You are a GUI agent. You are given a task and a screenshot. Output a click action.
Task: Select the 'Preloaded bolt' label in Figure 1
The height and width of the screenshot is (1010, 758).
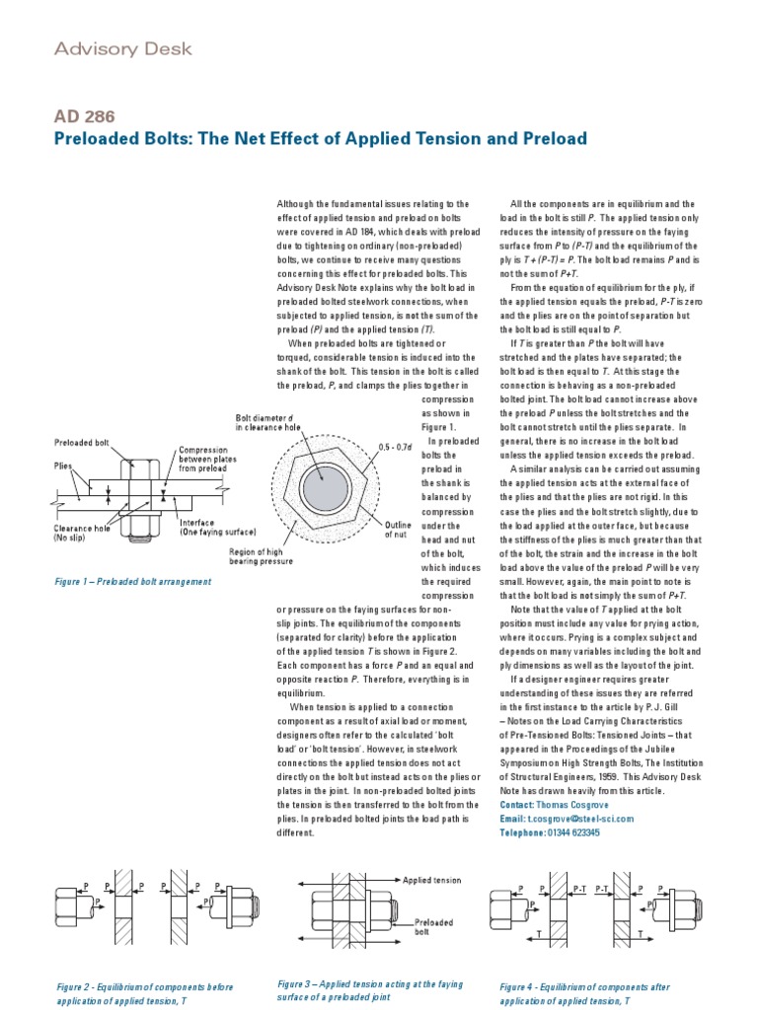tap(82, 443)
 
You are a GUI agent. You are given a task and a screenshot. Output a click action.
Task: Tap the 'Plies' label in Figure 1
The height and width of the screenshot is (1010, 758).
tap(63, 464)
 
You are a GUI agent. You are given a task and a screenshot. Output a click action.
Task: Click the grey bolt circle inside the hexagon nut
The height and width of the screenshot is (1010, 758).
tap(325, 487)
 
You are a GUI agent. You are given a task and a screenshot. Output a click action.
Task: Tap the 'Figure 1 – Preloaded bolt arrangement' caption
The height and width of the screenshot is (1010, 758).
tap(133, 582)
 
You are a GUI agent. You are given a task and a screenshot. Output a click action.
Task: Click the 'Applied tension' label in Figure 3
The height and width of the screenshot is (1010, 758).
tap(432, 879)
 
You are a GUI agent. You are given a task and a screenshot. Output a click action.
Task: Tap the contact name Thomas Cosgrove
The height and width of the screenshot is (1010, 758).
tap(577, 805)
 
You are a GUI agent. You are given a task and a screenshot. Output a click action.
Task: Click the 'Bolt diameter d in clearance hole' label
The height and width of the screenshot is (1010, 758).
tap(271, 423)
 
